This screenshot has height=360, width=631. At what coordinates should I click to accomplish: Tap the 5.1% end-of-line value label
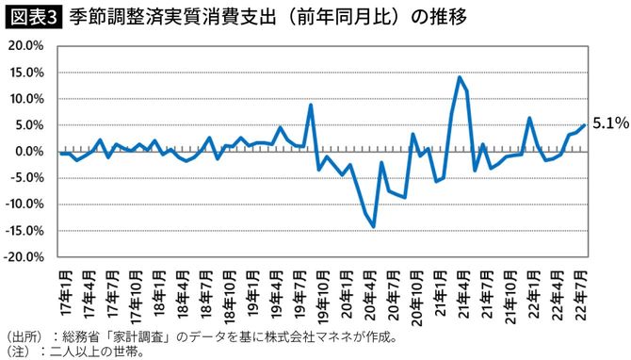[x=609, y=123]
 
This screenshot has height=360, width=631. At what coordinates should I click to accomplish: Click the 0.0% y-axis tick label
[x=26, y=151]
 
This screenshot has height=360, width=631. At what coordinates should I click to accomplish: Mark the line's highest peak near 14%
[x=459, y=77]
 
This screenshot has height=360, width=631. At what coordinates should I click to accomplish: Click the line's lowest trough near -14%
[x=374, y=226]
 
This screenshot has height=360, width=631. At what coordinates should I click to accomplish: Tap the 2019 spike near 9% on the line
[x=311, y=105]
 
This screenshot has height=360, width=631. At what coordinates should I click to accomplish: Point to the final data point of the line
[x=584, y=124]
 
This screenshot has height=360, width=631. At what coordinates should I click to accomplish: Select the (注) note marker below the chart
[x=21, y=350]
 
